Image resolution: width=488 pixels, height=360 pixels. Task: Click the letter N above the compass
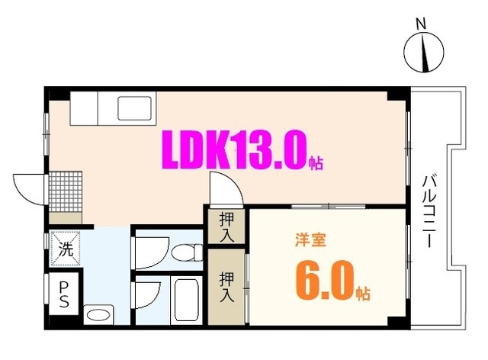[x=420, y=26]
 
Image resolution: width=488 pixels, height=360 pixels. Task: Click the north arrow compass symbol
[x=420, y=52]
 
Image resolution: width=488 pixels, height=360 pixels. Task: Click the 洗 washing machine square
[x=66, y=248]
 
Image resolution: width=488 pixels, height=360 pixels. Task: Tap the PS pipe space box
[x=66, y=294]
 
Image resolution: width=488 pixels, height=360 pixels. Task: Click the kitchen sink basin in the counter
[x=134, y=111]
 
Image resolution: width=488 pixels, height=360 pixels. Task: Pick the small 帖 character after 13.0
[x=316, y=162]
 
